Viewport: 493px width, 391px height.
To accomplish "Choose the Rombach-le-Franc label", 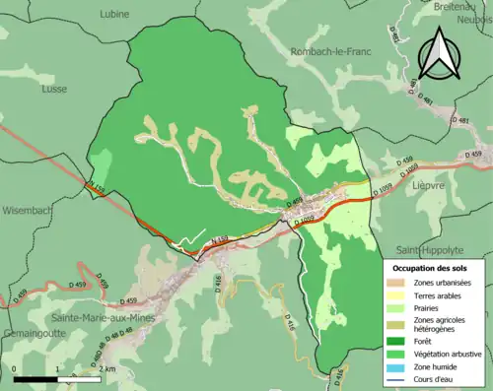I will [330, 51].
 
